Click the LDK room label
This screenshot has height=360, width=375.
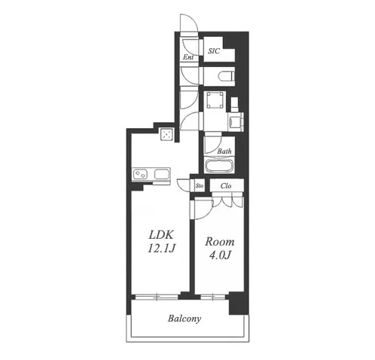coord(161,235)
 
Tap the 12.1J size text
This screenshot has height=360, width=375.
coord(161,249)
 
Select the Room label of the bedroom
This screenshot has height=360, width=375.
coord(220,242)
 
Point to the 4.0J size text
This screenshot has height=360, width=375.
coord(220,255)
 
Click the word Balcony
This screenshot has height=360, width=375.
coord(184,319)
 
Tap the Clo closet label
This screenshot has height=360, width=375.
coord(226,186)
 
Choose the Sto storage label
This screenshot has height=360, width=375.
coord(200,186)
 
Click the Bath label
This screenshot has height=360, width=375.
coord(224,151)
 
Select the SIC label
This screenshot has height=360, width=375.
coord(214,51)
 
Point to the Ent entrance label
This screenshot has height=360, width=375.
coord(188,57)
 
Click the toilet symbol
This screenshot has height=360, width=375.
coord(227,76)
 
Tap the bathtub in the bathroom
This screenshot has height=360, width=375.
coord(220,166)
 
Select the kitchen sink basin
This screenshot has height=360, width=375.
coord(162,174)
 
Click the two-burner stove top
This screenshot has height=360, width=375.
coord(140,174)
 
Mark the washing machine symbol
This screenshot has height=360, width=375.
coord(215,100)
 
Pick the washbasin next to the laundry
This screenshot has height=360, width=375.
coord(236,122)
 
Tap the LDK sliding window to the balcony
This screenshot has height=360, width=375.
coord(157,297)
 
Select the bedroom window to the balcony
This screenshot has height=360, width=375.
coord(213,297)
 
